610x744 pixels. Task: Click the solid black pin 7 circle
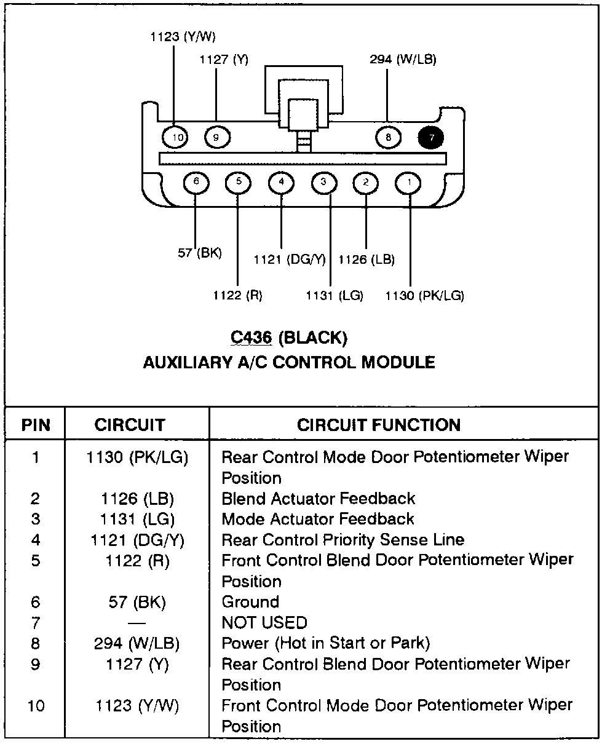(432, 138)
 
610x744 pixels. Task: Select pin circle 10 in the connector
(178, 138)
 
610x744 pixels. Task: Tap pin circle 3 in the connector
(324, 182)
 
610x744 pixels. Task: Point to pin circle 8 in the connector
(388, 138)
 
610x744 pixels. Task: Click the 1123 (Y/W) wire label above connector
(183, 37)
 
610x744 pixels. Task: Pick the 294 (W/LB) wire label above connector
(403, 60)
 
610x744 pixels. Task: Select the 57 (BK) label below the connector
(200, 253)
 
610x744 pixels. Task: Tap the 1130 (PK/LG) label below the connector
(424, 296)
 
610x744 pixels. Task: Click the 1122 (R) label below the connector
(238, 296)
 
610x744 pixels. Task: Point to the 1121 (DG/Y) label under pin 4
(289, 259)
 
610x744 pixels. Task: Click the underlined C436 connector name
(252, 338)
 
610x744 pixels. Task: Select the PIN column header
(36, 425)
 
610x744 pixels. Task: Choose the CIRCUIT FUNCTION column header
(378, 425)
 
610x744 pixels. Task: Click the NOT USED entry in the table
(264, 623)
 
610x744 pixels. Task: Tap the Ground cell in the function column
(250, 602)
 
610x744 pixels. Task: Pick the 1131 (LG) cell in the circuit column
(137, 519)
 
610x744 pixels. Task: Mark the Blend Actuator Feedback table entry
(318, 499)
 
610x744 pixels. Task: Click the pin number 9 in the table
(36, 665)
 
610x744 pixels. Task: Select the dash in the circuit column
(137, 623)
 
